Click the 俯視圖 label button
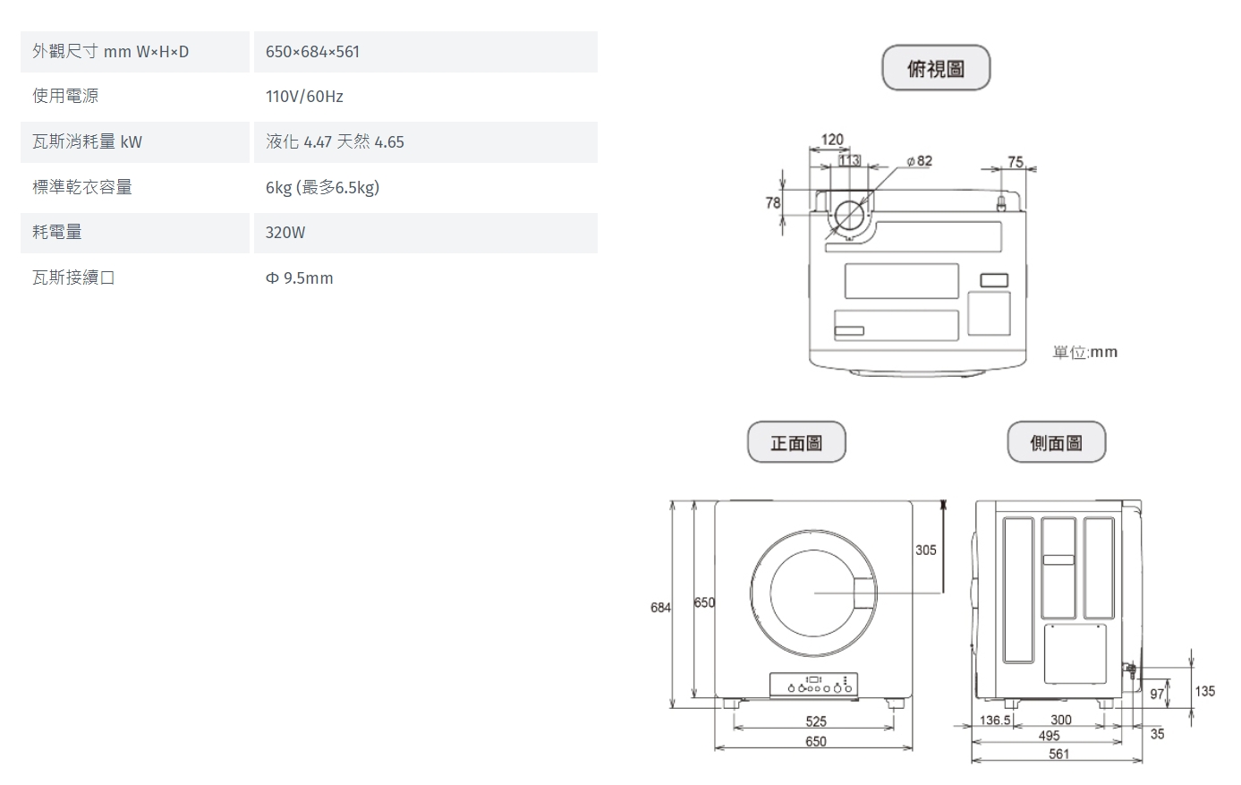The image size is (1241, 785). [x=936, y=68]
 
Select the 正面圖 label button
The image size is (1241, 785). [x=796, y=442]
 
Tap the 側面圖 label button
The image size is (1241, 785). [x=1057, y=442]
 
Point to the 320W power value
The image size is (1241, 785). [x=285, y=233]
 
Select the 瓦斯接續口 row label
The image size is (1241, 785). [x=73, y=277]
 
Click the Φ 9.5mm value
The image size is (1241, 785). [x=299, y=277]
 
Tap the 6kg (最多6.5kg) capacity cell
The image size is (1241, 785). [x=322, y=187]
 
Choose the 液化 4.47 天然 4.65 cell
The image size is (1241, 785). [x=335, y=142]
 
